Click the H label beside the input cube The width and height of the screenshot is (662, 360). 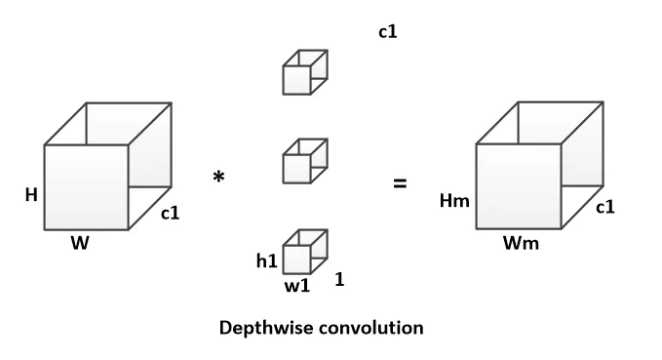[x=31, y=195]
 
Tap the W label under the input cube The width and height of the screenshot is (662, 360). [x=80, y=243]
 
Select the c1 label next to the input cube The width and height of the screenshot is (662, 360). [x=171, y=213]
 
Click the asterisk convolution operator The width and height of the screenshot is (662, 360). [x=218, y=177]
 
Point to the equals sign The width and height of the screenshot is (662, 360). [x=400, y=183]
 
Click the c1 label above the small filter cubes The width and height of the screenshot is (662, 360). [x=388, y=31]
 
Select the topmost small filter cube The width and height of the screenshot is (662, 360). [x=305, y=72]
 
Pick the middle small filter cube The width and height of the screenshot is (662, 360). [x=305, y=161]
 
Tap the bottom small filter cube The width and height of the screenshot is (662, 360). [x=305, y=252]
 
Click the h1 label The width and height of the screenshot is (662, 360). [x=267, y=261]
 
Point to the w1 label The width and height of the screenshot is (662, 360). [x=297, y=286]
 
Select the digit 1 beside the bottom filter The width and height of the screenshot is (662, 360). [x=339, y=279]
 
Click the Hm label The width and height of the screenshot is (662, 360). [x=454, y=200]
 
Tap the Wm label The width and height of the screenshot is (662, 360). [x=521, y=243]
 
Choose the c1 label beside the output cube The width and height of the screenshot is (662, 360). [x=605, y=207]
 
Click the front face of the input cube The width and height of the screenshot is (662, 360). [x=87, y=187]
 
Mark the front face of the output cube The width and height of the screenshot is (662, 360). [x=519, y=186]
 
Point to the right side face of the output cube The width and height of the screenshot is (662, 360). [x=583, y=165]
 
